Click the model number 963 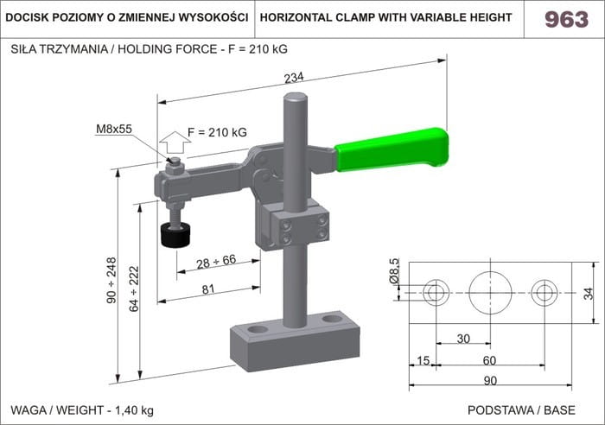(566, 19)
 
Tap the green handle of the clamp (392, 149)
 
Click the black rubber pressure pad (175, 235)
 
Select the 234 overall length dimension (294, 78)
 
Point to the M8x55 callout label (114, 129)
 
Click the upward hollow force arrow (175, 143)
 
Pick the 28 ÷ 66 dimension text (216, 262)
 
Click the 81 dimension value (208, 289)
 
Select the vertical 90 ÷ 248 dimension (111, 280)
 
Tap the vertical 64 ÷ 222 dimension (134, 289)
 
